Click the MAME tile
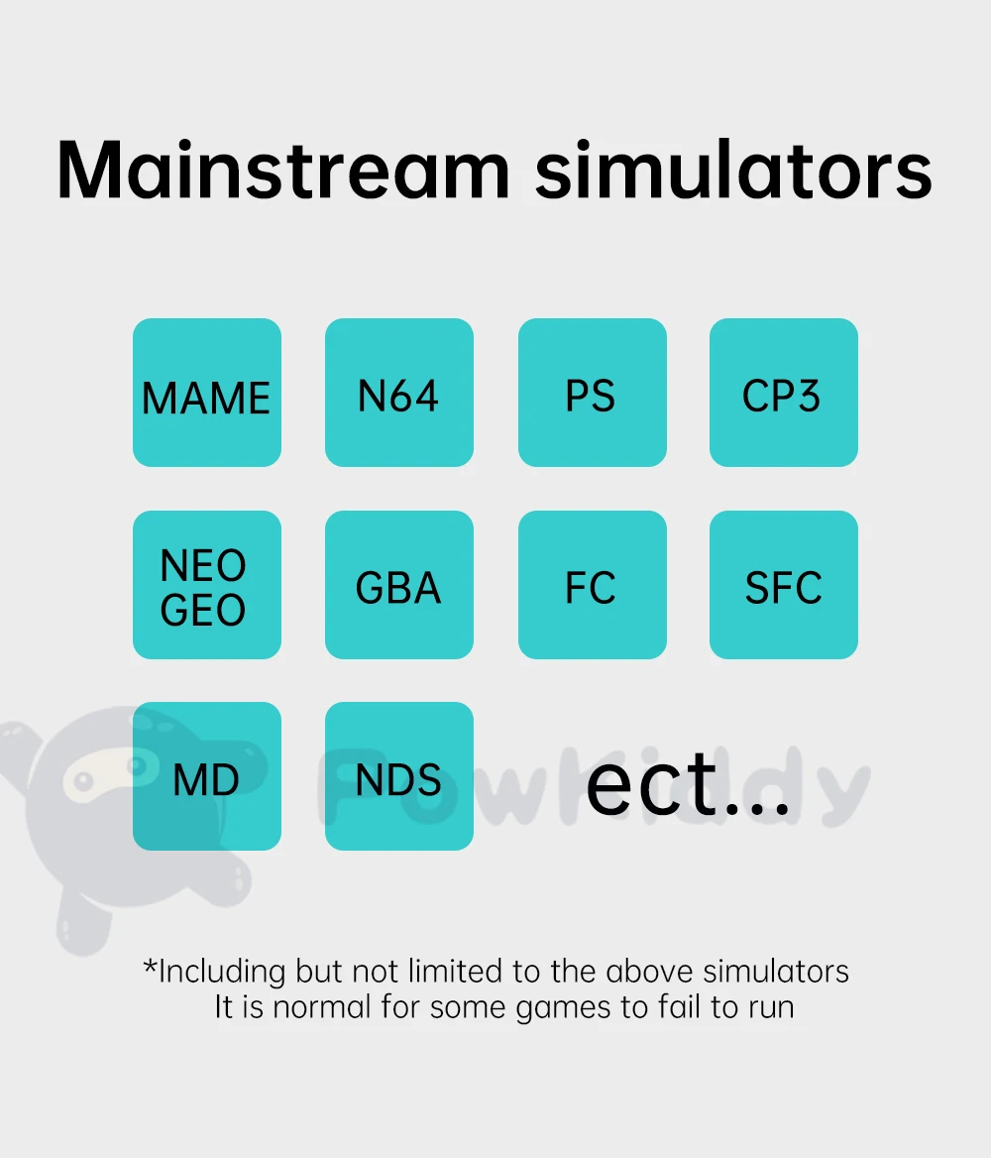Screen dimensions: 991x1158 point(207,393)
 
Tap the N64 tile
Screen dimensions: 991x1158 point(398,393)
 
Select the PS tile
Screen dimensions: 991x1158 point(593,393)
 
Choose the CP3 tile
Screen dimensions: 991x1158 point(784,393)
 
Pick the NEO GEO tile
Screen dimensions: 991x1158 point(207,584)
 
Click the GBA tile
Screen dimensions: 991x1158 point(398,584)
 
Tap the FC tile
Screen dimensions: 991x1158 point(593,584)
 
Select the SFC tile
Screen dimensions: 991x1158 point(784,584)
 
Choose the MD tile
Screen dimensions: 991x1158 point(207,775)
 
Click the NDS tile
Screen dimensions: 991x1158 point(398,775)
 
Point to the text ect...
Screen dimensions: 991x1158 point(688,784)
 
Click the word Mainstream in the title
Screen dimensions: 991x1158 point(283,171)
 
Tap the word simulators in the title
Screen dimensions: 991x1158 point(733,171)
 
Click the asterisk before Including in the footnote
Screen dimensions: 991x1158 point(150,966)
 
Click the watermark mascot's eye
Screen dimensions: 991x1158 point(83,780)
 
